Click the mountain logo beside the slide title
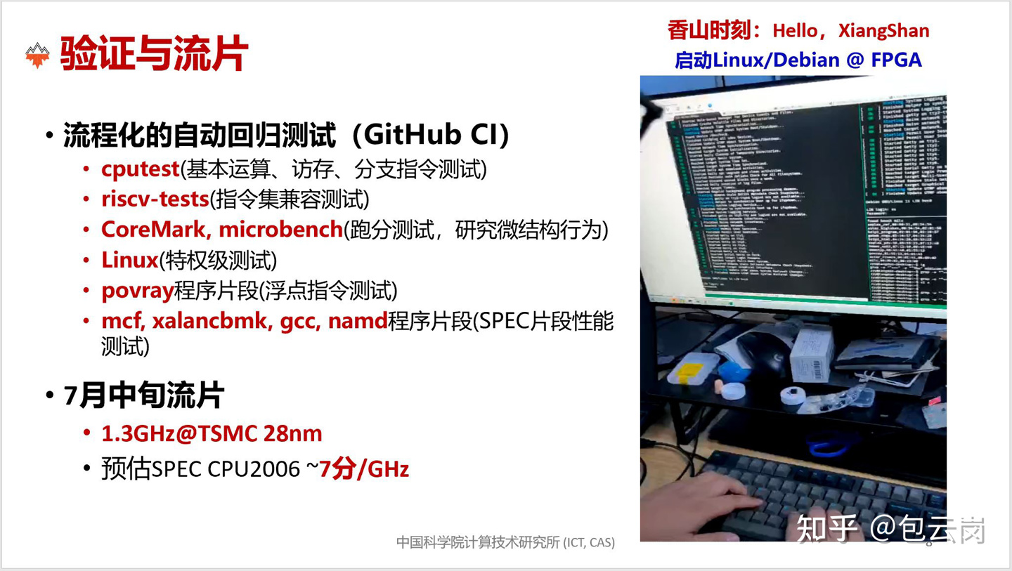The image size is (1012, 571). pyautogui.click(x=37, y=55)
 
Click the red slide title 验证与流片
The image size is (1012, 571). pyautogui.click(x=154, y=54)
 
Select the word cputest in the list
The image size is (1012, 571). pyautogui.click(x=140, y=169)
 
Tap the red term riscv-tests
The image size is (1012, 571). pyautogui.click(x=155, y=199)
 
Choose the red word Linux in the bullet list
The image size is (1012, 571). pyautogui.click(x=129, y=261)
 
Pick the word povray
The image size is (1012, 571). pyautogui.click(x=137, y=291)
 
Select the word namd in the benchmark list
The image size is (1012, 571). pyautogui.click(x=358, y=322)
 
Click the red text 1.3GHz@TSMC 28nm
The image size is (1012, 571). pyautogui.click(x=212, y=433)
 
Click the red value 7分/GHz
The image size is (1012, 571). pyautogui.click(x=364, y=469)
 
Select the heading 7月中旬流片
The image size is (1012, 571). pyautogui.click(x=144, y=396)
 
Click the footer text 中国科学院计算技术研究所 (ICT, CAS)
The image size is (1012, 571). pyautogui.click(x=505, y=542)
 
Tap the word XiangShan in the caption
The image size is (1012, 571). pyautogui.click(x=883, y=31)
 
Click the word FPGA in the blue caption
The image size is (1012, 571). pyautogui.click(x=896, y=60)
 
